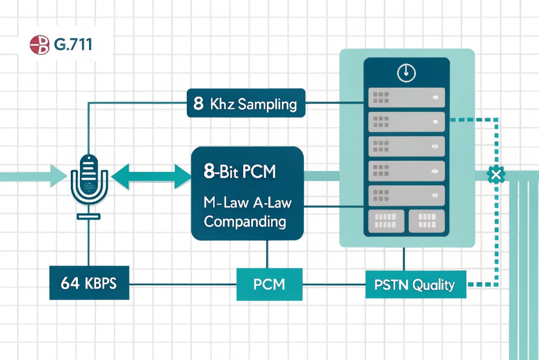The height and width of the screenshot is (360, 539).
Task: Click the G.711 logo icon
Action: click(x=40, y=45)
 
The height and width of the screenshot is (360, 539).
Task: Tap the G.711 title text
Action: click(x=73, y=45)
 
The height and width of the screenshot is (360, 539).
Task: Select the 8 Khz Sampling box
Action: click(x=246, y=103)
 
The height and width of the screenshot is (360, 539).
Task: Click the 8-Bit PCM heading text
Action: click(x=240, y=172)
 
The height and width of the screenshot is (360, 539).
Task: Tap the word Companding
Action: click(x=245, y=221)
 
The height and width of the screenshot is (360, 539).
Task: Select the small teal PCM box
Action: click(x=269, y=284)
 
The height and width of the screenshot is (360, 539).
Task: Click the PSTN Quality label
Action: click(x=416, y=284)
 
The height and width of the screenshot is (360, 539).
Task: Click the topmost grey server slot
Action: click(x=406, y=98)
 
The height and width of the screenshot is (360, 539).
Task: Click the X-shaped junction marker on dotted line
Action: click(x=493, y=175)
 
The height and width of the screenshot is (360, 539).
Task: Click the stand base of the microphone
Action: click(x=89, y=216)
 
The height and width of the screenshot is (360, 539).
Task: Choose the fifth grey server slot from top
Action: click(x=406, y=195)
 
